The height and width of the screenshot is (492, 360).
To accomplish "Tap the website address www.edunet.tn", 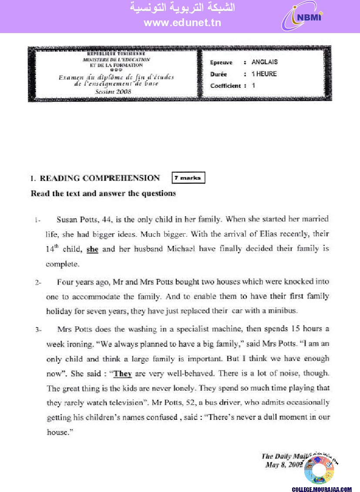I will click(x=182, y=23).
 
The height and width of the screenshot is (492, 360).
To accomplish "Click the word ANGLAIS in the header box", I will click(x=265, y=62).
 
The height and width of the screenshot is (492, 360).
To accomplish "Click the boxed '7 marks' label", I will click(x=188, y=178).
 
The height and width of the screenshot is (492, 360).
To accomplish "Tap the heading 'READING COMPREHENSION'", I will click(x=100, y=178).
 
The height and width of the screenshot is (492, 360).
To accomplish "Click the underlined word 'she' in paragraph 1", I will click(x=93, y=249).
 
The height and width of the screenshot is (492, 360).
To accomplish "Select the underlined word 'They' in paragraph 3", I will click(x=122, y=374).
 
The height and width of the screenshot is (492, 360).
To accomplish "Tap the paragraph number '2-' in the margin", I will click(x=38, y=283).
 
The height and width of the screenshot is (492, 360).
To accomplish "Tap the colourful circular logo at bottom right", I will click(x=319, y=470).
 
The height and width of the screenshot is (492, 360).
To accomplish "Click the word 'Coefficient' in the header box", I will click(x=225, y=86).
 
